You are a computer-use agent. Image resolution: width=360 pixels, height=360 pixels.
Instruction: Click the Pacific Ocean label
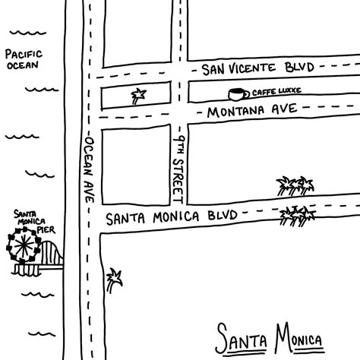(22, 59)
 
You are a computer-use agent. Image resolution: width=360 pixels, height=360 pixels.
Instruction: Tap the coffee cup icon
(238, 93)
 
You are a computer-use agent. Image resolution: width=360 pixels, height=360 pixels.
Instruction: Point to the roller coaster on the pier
(50, 254)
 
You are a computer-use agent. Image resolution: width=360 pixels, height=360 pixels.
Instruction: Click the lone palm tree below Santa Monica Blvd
(114, 279)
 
